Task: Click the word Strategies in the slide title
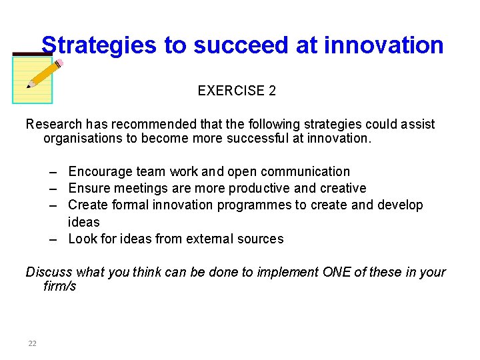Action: click(99, 45)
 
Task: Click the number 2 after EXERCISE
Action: click(272, 91)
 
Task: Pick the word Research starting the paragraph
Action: click(53, 125)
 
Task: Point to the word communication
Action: click(307, 172)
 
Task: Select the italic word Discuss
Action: click(49, 272)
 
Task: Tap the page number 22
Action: click(32, 343)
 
